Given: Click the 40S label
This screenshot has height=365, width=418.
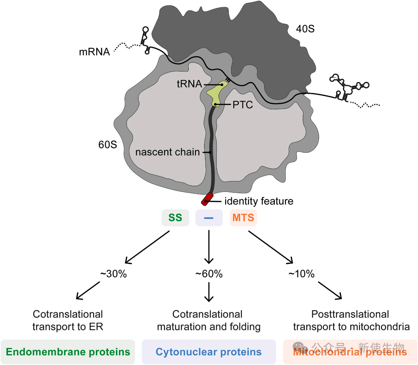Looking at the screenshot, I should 302,29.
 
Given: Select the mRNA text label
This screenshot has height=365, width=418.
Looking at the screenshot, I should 94,52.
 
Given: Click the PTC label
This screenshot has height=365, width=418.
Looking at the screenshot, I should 242,105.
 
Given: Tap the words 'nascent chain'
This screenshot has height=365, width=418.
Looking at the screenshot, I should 168,152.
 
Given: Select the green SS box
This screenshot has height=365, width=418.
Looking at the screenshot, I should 175,218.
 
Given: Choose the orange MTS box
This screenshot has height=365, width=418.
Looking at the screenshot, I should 243,218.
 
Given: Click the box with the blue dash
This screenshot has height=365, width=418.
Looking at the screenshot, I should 209,218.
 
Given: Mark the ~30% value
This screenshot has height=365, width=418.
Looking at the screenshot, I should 113,274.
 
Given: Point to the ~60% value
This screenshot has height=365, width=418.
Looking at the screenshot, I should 209,274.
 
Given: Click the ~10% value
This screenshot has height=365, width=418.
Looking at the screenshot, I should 301,274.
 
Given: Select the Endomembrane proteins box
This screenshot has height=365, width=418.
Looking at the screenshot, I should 68,352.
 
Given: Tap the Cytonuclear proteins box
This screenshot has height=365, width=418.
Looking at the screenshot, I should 209,352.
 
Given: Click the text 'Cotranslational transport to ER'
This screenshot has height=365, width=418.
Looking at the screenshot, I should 68,320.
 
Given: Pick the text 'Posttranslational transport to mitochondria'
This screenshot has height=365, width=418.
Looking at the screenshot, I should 351,320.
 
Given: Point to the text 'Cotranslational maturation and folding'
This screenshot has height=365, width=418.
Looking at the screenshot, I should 209,320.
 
